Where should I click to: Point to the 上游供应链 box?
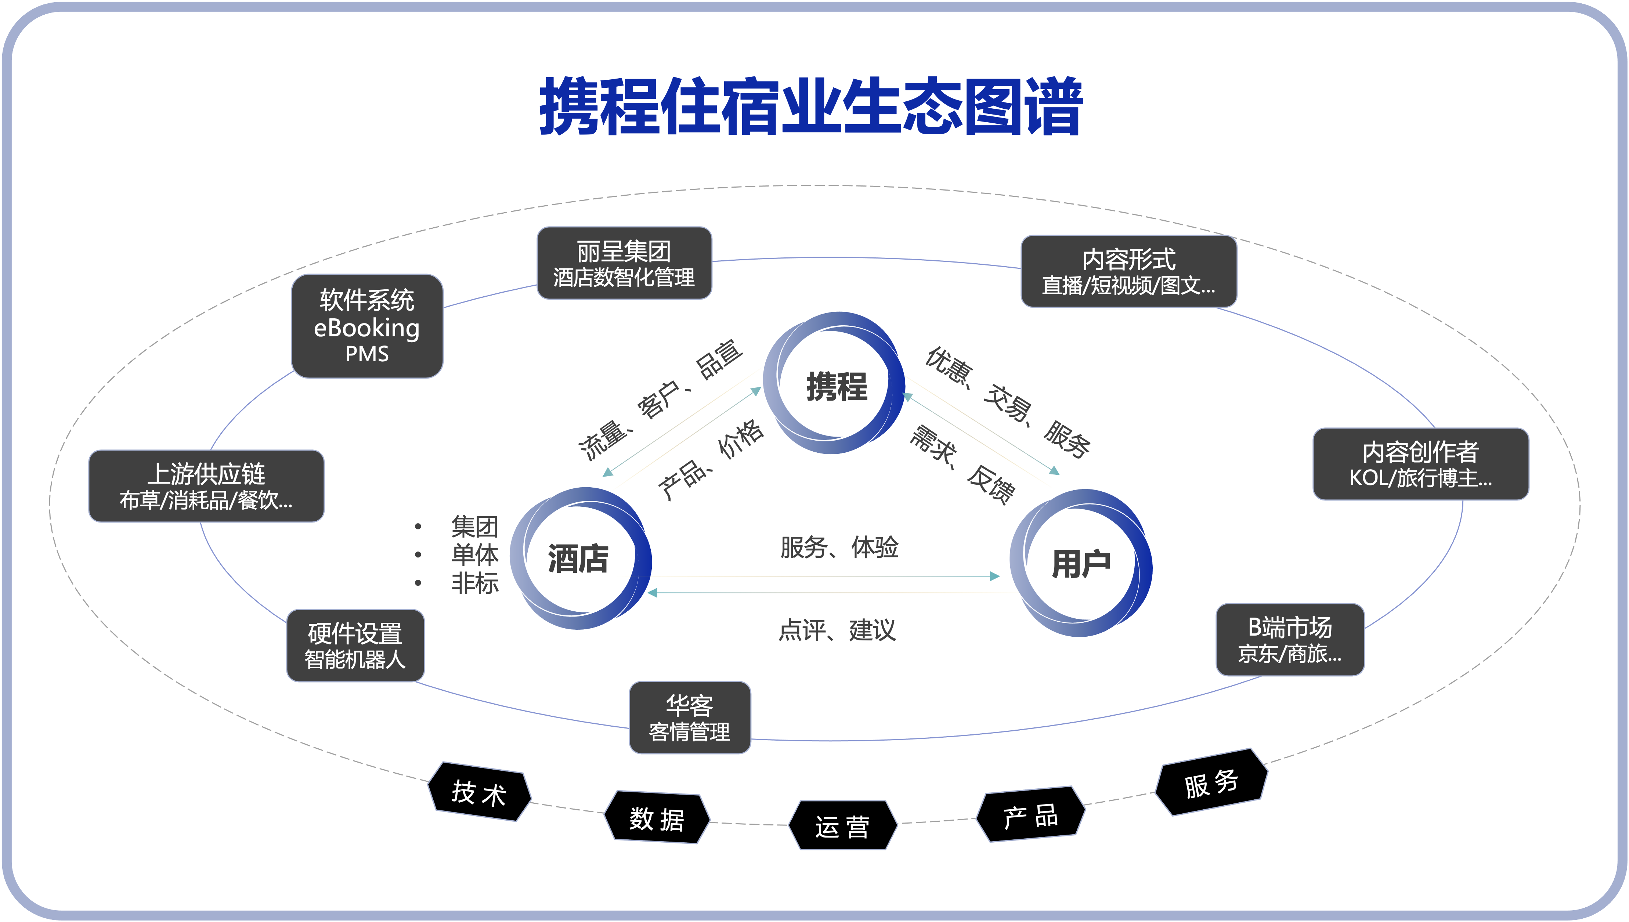(x=206, y=486)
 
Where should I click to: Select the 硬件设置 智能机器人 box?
(x=355, y=646)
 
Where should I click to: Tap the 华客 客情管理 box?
(x=689, y=717)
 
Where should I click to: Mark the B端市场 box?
(x=1290, y=640)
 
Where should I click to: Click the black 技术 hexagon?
(x=479, y=792)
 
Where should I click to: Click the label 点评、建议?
(x=837, y=630)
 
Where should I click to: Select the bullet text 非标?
(x=475, y=583)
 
